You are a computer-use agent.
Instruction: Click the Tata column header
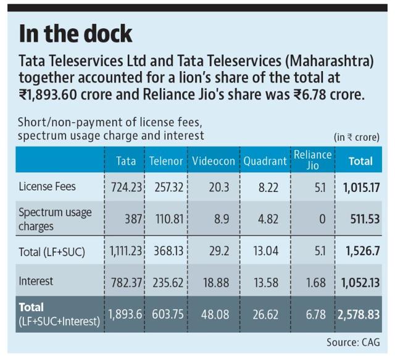pos(126,161)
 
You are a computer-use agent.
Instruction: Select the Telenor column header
pos(166,161)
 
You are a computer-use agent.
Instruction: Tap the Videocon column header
pos(214,161)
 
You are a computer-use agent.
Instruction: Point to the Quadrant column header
pos(265,161)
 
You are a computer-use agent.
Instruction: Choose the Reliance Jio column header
pos(313,160)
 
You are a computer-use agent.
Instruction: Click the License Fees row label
pos(47,186)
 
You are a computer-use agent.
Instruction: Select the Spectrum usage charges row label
pos(55,219)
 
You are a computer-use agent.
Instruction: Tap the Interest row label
pos(36,281)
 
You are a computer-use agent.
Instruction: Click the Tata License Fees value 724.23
pos(127,188)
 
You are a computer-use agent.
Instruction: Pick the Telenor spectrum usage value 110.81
pos(169,219)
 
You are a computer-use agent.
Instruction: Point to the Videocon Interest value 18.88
pos(216,283)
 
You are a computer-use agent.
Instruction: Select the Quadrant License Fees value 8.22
pos(268,188)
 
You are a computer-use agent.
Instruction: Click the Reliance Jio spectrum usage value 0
pos(322,219)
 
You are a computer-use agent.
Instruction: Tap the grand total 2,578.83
pos(359,315)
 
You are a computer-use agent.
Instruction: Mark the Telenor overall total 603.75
pos(168,315)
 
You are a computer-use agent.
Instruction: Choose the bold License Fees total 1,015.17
pos(362,188)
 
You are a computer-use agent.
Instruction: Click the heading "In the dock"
pos(75,33)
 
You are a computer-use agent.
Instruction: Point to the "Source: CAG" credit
pos(353,342)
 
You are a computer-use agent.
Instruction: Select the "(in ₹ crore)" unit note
pos(357,138)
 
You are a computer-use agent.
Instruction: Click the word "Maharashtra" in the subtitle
pos(329,61)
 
